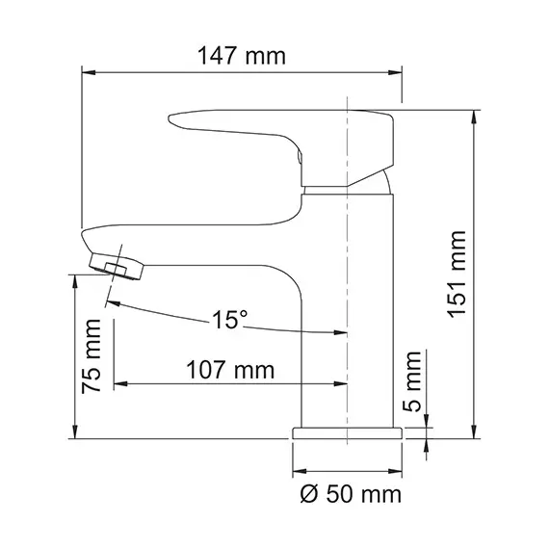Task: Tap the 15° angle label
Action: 231,319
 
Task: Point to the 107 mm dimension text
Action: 229,369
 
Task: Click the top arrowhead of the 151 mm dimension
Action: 474,114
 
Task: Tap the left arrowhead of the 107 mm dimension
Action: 118,385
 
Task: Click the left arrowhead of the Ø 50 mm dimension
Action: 296,472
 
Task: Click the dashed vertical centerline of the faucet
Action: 346,289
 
